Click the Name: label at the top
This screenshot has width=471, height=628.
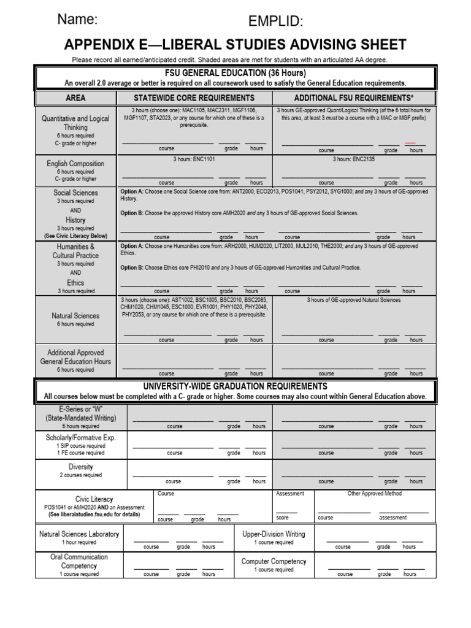77,19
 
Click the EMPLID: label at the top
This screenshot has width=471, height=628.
275,22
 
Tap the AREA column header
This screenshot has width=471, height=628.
75,98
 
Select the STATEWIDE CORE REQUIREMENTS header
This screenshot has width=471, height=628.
194,98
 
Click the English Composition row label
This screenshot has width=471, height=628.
75,164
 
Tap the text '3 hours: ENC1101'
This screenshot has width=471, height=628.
194,159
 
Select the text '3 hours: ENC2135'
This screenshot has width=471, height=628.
354,159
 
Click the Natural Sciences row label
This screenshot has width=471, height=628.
75,316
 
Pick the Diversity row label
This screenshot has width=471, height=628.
80,467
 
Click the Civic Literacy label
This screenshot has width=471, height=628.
94,499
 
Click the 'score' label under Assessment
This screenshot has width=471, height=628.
283,518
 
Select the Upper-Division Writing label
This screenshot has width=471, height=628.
274,534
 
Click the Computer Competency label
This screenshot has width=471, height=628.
274,561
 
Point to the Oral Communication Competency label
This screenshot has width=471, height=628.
79,561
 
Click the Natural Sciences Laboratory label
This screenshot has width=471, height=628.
79,534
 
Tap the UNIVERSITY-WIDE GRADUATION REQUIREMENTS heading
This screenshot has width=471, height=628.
235,386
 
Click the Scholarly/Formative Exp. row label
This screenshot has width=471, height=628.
80,438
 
